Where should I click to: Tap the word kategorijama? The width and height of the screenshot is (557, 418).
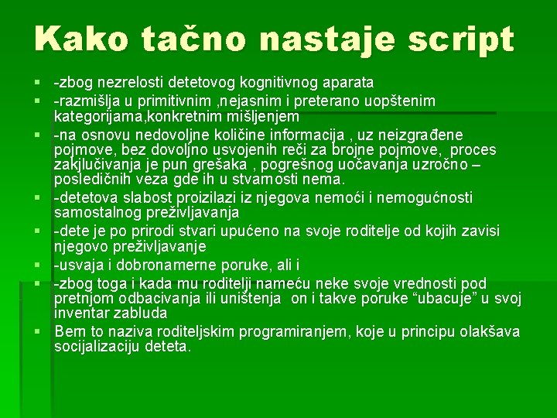(97, 117)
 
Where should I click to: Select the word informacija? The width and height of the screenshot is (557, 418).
(307, 135)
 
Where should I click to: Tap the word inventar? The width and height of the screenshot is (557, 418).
(83, 313)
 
